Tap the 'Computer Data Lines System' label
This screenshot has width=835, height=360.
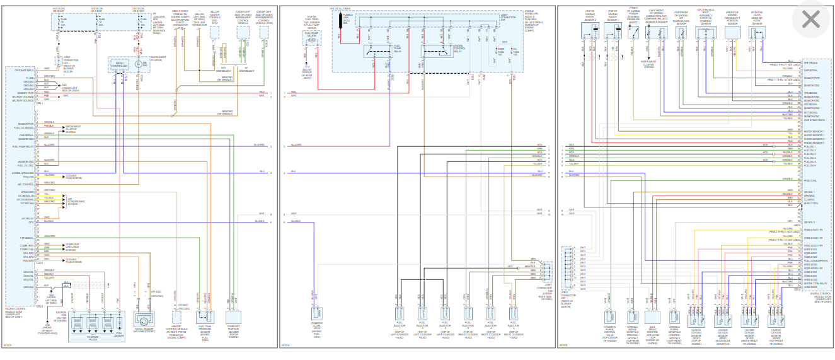coord(75,247)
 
